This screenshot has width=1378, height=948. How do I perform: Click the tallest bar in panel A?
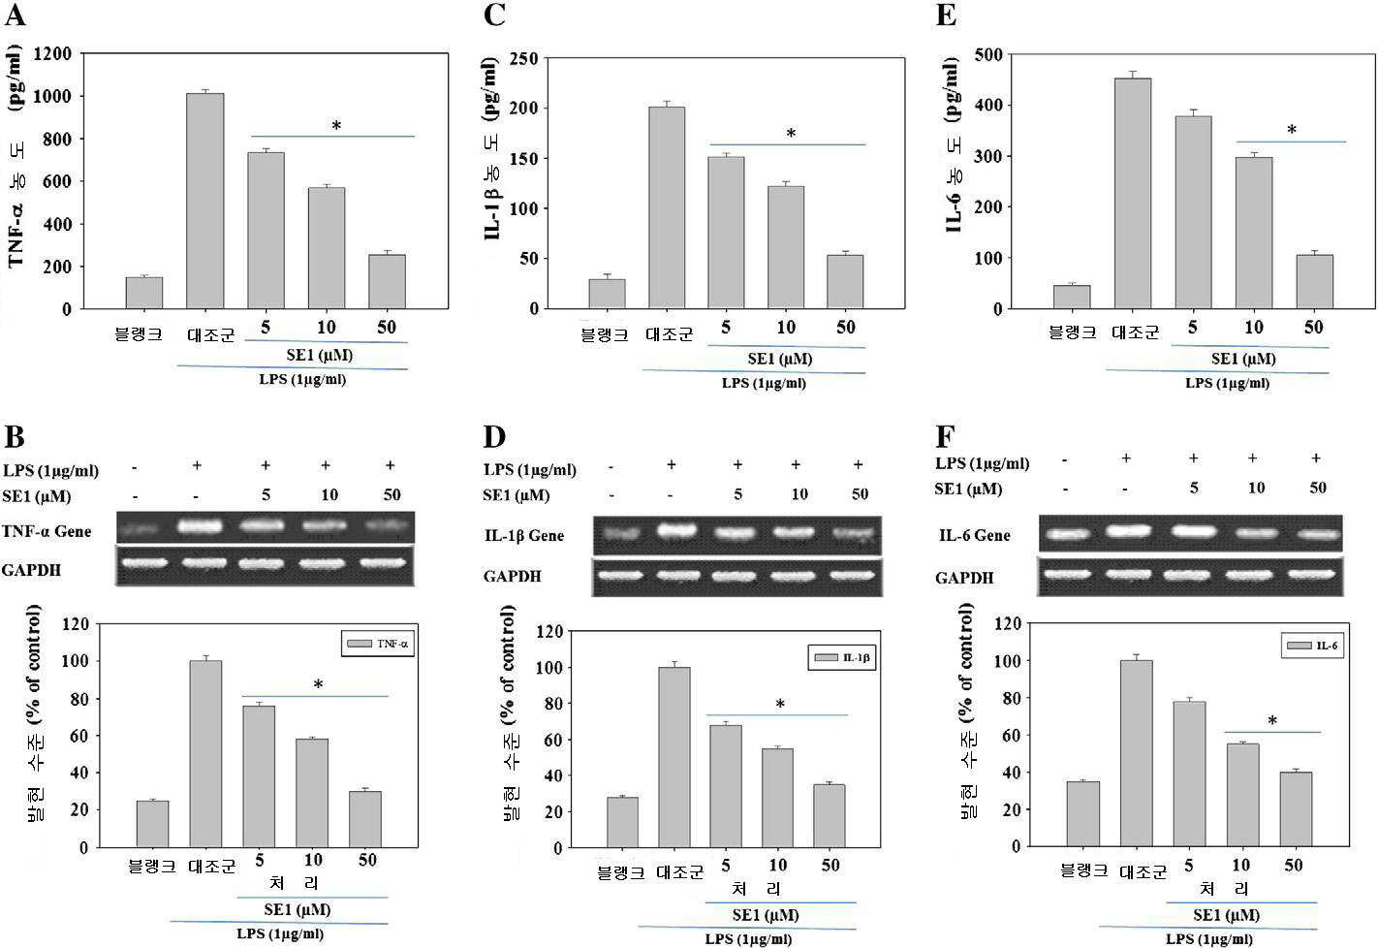(x=204, y=201)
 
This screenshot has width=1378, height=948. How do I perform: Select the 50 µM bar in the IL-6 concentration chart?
(x=1315, y=282)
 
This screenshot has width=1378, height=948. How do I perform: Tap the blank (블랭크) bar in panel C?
(x=608, y=294)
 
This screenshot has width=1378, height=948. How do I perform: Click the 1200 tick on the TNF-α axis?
(x=52, y=54)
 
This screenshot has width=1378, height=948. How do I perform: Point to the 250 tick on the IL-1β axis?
(x=525, y=58)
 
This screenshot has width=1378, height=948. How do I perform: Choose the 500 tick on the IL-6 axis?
(x=988, y=54)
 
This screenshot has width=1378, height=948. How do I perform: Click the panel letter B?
(x=15, y=436)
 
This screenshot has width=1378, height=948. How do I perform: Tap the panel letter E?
(x=946, y=15)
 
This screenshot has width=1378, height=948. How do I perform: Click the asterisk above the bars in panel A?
(x=336, y=126)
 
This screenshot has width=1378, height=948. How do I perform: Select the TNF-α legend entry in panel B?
(x=378, y=644)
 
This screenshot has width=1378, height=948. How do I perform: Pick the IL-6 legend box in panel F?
(x=1312, y=646)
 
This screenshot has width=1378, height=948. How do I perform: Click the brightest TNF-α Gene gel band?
(x=200, y=526)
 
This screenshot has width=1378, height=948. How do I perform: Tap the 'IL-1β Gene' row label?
(x=524, y=535)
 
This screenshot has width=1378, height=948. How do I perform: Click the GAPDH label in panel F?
(x=964, y=578)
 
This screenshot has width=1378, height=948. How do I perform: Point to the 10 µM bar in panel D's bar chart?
(x=777, y=798)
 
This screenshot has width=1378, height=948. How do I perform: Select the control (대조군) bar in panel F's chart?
(x=1137, y=753)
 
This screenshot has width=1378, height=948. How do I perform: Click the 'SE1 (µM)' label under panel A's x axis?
(x=319, y=355)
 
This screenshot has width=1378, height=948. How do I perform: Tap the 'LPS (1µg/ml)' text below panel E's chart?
(x=1227, y=383)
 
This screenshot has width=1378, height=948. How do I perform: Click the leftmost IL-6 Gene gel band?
(x=1067, y=535)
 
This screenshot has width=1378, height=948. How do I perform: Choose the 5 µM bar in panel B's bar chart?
(x=259, y=776)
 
